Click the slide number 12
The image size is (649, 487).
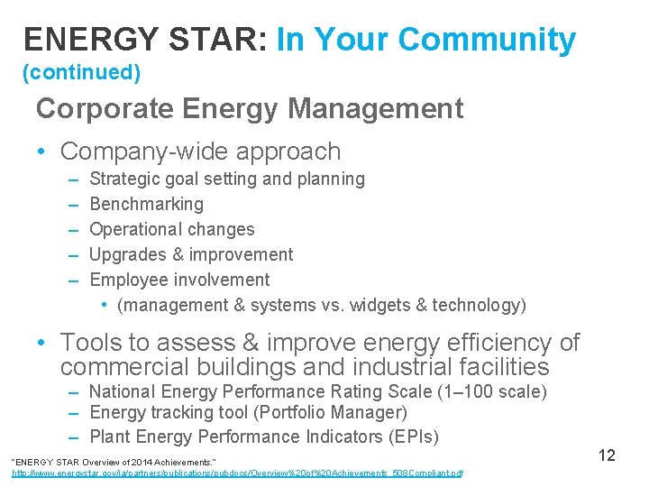(606, 455)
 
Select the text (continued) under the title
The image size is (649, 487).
(81, 71)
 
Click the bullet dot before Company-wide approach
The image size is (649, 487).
(43, 152)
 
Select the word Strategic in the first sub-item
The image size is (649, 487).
(127, 179)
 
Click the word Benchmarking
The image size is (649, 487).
(147, 204)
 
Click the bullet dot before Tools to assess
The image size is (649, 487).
(43, 344)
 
